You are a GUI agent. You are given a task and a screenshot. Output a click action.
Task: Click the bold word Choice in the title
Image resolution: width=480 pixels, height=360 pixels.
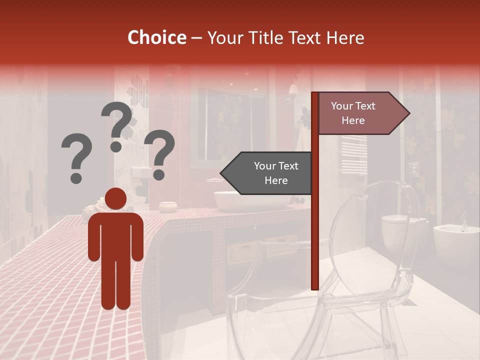click(156, 37)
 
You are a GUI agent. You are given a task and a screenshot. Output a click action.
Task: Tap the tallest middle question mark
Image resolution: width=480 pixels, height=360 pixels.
click(117, 125)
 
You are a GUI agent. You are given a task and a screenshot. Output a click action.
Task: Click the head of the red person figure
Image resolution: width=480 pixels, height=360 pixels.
click(116, 199)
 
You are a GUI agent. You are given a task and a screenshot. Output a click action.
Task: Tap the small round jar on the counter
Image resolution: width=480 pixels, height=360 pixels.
click(168, 206)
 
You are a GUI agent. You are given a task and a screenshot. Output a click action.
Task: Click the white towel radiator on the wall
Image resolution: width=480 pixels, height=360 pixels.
click(354, 155)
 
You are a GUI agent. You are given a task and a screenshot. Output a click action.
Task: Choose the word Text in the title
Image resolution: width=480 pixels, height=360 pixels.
click(304, 37)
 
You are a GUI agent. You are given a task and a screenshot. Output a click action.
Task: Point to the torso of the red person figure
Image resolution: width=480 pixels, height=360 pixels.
click(116, 235)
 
